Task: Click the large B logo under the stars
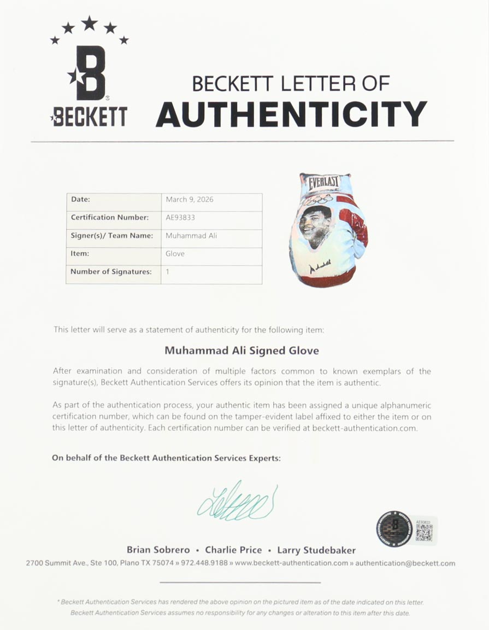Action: (91, 73)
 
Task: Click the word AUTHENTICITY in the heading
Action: (291, 114)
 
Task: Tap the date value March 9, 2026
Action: (190, 200)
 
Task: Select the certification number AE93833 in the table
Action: (180, 217)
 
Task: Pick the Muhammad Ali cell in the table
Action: (191, 236)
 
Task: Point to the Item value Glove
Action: (175, 254)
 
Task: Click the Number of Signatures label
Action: (111, 271)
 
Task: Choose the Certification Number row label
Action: (110, 217)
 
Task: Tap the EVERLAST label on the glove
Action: (325, 182)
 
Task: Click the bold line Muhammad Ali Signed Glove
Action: (241, 350)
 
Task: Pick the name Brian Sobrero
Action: (158, 550)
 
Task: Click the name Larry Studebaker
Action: (316, 550)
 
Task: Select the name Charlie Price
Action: (233, 550)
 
